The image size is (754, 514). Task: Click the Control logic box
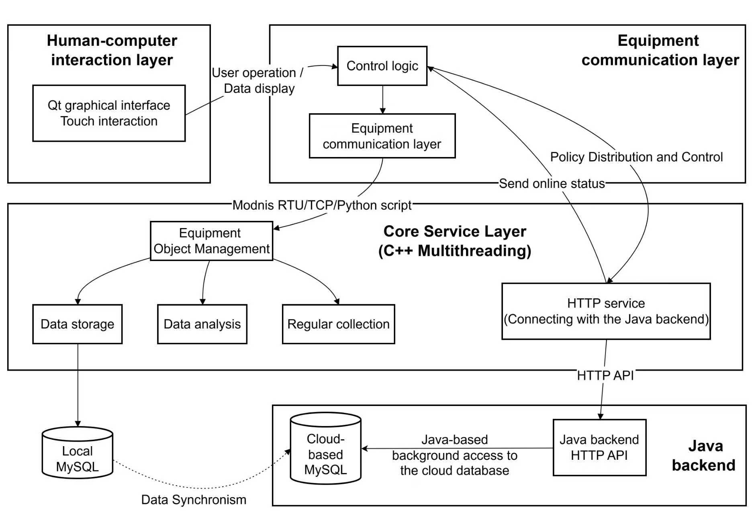click(x=382, y=66)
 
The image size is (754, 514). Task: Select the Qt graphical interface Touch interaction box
click(x=109, y=113)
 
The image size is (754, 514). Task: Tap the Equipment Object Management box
click(x=211, y=241)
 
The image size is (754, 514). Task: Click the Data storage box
click(x=77, y=324)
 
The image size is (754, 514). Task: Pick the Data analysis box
click(x=202, y=324)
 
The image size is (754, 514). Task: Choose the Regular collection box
click(x=338, y=324)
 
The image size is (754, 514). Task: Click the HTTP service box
click(x=606, y=311)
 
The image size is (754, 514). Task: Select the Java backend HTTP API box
click(x=599, y=447)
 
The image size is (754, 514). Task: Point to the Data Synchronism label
click(x=194, y=500)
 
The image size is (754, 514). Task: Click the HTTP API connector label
click(x=605, y=375)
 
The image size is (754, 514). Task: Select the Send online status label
click(x=552, y=184)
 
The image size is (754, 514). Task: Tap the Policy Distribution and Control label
click(x=636, y=157)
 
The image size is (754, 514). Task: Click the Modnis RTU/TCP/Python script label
click(x=322, y=205)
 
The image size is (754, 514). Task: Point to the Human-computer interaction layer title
click(x=112, y=50)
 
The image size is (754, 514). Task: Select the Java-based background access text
click(x=454, y=455)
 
